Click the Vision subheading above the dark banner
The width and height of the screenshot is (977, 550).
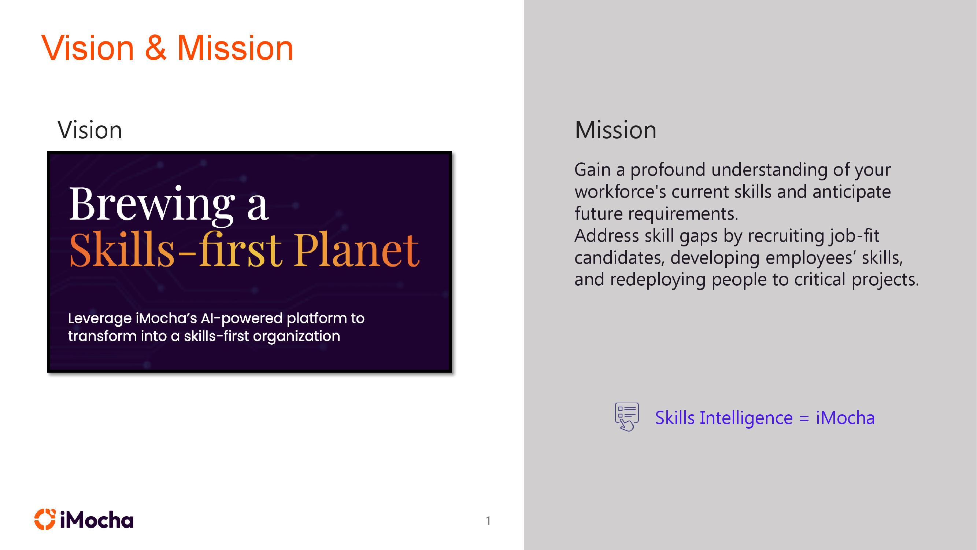pos(90,130)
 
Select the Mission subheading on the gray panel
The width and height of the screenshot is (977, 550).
pos(615,130)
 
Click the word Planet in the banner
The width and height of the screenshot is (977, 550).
pos(356,250)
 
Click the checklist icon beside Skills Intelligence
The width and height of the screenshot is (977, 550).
pos(626,417)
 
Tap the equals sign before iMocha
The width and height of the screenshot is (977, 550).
pos(804,418)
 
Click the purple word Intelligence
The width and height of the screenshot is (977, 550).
pos(745,418)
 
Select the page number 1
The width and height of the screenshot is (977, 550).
pos(488,520)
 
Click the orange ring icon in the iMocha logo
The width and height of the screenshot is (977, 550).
pos(45,519)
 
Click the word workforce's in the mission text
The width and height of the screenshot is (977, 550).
pos(620,192)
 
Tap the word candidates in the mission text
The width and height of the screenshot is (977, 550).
pos(619,258)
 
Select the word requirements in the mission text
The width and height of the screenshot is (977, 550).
pos(683,214)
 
